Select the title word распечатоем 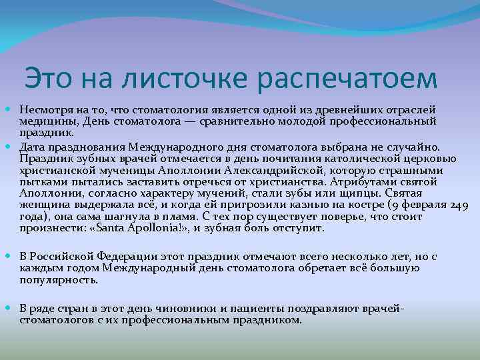(x=346, y=79)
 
